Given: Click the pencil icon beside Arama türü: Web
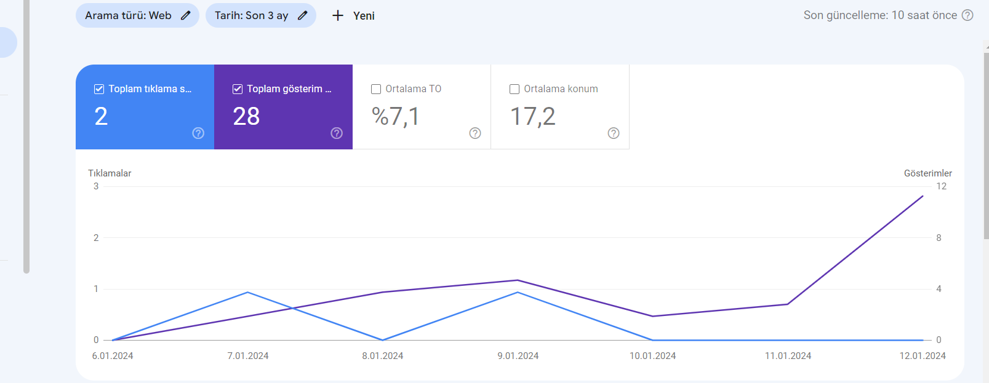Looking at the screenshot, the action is click(x=186, y=15).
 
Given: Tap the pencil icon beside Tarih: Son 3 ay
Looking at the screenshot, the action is click(x=302, y=15).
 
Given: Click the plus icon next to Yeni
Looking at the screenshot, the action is click(x=338, y=16).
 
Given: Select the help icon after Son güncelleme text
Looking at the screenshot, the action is click(x=967, y=15).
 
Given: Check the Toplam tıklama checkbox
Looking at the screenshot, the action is click(x=99, y=89).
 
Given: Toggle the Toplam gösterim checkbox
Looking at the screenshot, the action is click(x=238, y=89).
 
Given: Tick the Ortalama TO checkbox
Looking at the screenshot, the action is click(x=376, y=89).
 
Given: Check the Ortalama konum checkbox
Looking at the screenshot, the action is click(x=515, y=89).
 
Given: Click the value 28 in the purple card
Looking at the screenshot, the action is click(x=246, y=116).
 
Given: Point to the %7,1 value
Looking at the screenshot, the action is click(x=395, y=117).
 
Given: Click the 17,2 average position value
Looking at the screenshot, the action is click(x=532, y=117).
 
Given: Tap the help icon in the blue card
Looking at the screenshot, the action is click(x=198, y=133).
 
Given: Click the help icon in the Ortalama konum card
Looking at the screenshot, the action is click(x=613, y=133).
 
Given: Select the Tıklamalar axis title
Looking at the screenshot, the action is click(x=110, y=173).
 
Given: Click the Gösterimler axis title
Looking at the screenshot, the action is click(x=927, y=173).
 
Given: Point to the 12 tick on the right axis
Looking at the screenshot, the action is click(x=942, y=186).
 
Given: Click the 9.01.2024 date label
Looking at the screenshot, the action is click(x=518, y=356).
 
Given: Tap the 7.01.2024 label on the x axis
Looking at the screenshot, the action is click(x=247, y=356).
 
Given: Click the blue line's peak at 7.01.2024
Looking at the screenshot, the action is click(x=247, y=292).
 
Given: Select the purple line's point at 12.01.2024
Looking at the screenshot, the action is click(x=923, y=196).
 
